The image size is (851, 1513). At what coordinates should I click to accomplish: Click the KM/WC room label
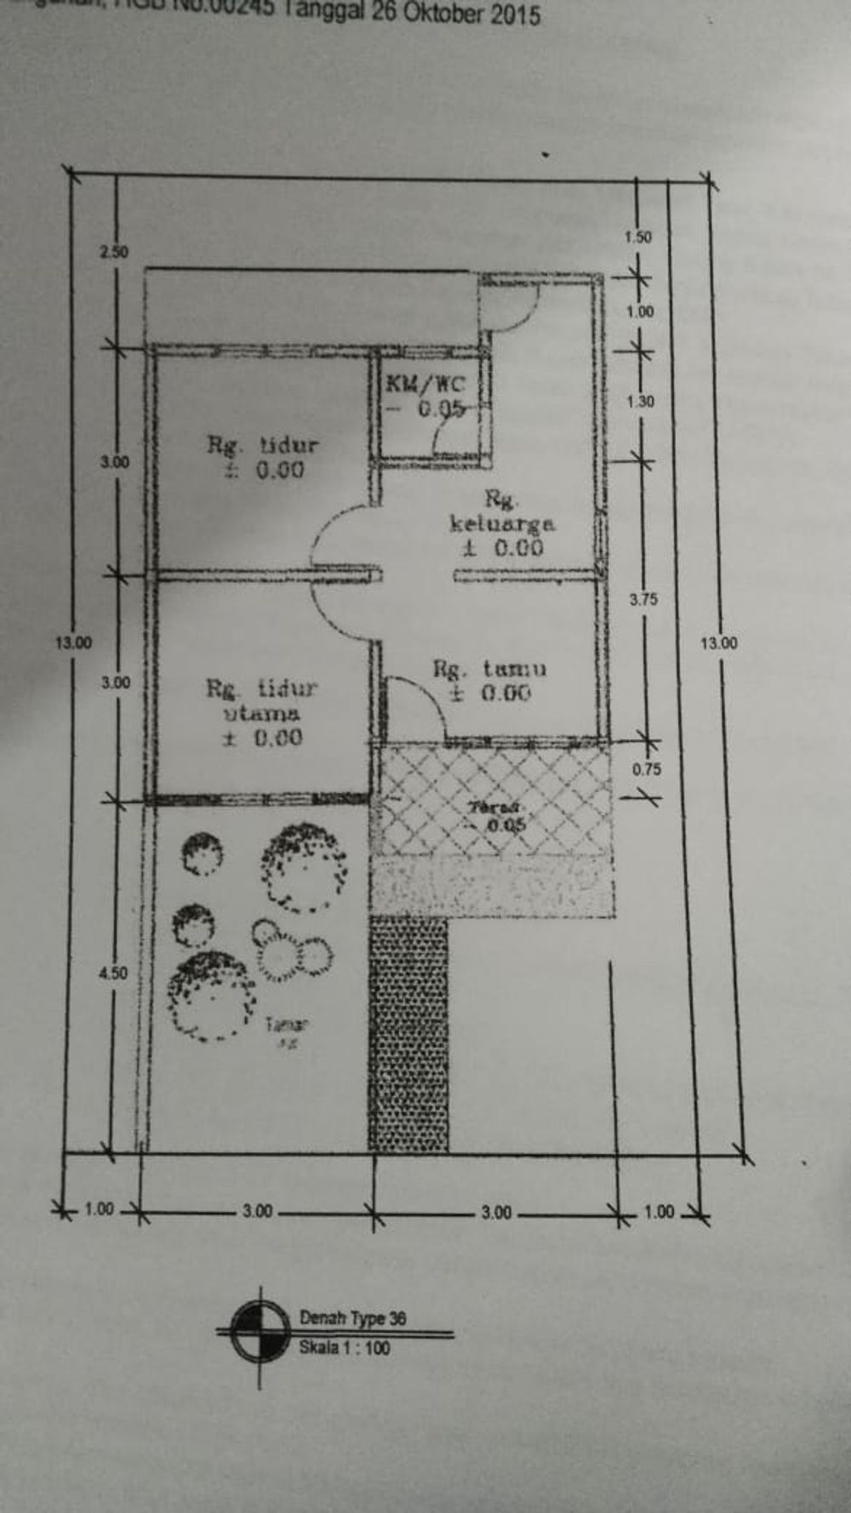[425, 383]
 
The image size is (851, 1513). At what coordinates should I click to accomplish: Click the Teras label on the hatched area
[498, 807]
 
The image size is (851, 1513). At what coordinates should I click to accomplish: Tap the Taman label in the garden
[286, 1025]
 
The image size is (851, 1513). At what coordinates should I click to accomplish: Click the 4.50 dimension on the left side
[113, 973]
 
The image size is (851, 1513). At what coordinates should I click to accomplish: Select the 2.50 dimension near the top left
[113, 252]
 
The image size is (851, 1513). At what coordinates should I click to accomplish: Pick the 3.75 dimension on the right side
[643, 599]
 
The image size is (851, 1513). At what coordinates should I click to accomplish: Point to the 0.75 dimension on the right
[646, 769]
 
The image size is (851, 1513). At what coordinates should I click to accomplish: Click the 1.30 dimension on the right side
[640, 401]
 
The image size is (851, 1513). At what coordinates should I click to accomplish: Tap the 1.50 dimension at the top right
[637, 237]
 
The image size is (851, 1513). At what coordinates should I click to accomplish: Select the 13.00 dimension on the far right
[719, 643]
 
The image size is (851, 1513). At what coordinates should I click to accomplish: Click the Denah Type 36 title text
[352, 1318]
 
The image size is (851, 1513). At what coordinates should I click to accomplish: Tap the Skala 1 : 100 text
[344, 1348]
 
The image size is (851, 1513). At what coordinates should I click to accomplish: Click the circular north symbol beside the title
[260, 1332]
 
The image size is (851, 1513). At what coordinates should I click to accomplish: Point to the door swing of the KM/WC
[451, 438]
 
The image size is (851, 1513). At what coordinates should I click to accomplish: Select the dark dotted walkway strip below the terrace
[408, 1034]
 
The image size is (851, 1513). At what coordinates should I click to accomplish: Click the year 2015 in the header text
[511, 15]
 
